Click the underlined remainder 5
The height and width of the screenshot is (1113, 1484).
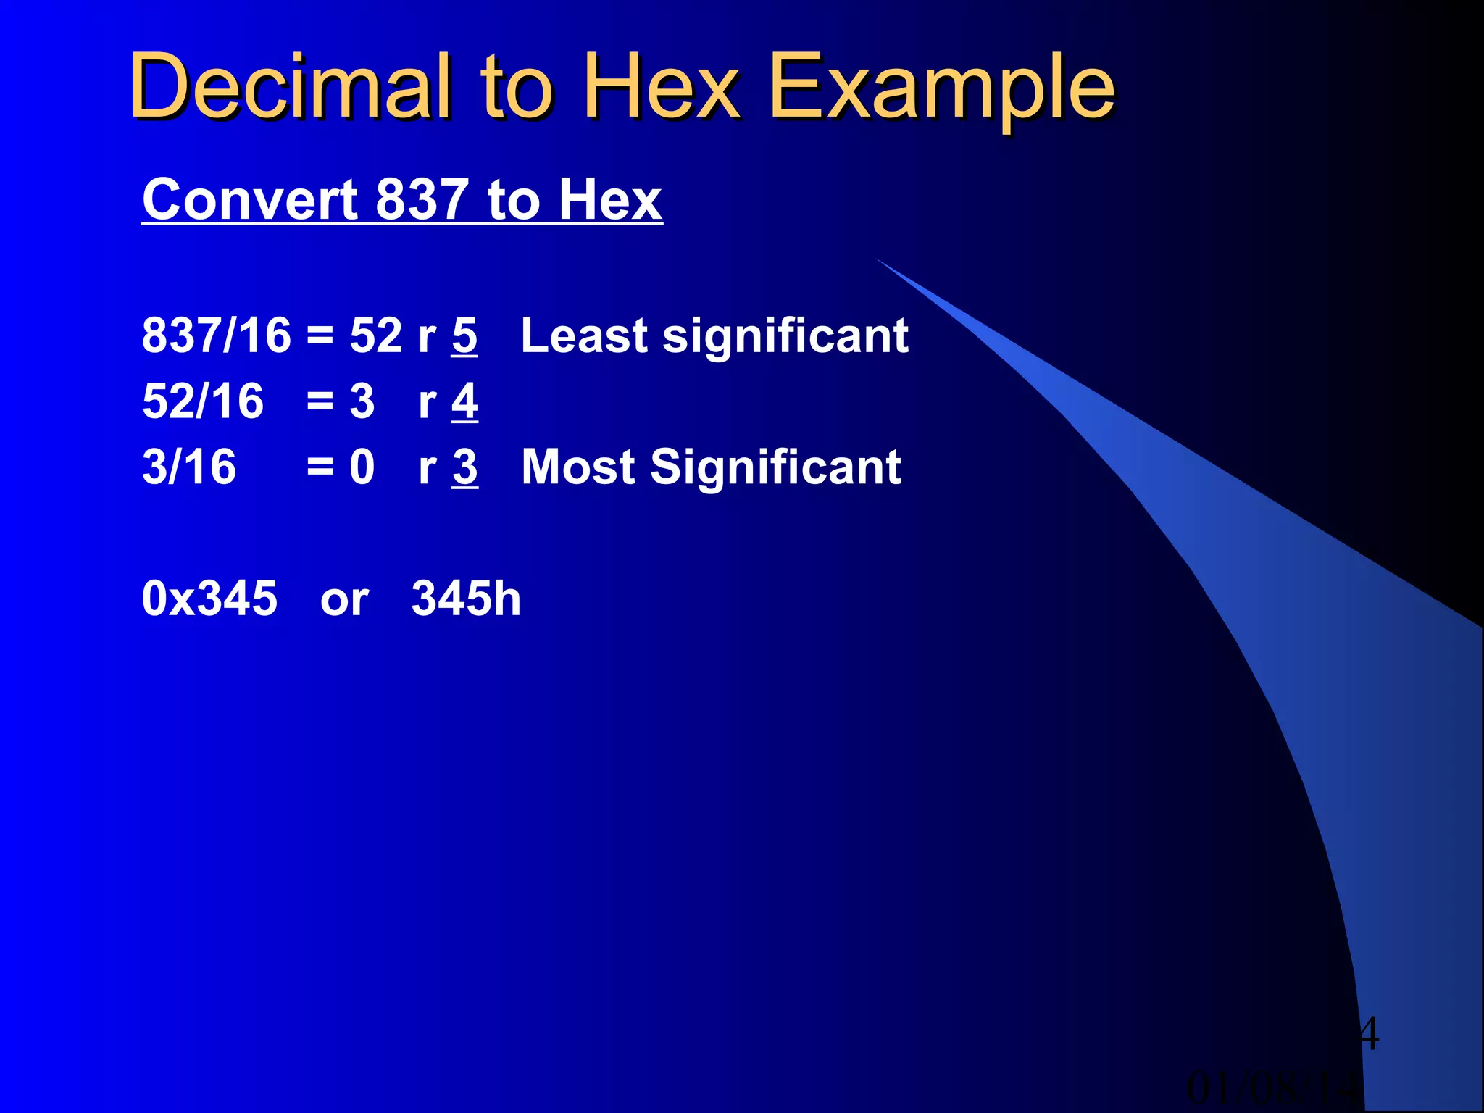click(x=464, y=336)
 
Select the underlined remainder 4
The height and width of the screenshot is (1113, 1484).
click(x=464, y=401)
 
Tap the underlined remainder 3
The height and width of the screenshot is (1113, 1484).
click(x=464, y=467)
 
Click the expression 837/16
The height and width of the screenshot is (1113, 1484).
click(x=217, y=336)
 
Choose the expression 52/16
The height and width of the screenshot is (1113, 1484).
click(x=203, y=401)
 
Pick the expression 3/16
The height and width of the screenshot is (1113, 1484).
click(x=189, y=467)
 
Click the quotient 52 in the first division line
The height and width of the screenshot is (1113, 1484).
click(x=376, y=336)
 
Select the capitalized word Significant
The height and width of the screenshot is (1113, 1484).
click(x=776, y=467)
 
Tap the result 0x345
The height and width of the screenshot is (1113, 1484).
click(x=210, y=599)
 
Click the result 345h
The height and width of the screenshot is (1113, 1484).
click(x=466, y=599)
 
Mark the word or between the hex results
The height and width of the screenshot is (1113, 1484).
click(x=344, y=601)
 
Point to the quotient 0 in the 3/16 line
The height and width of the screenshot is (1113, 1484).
click(x=362, y=467)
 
